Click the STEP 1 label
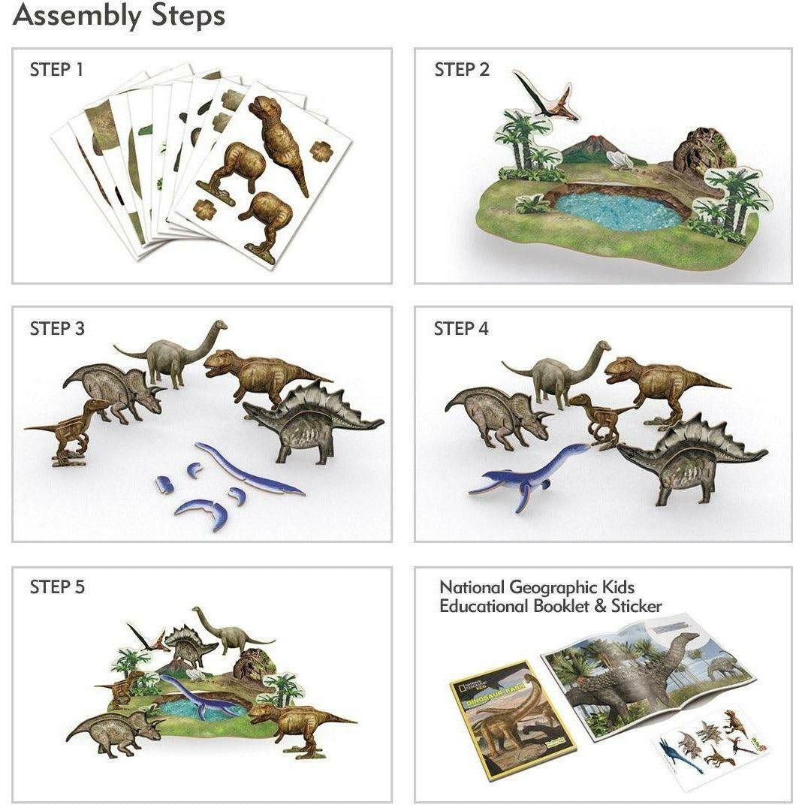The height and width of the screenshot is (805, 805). coord(56,70)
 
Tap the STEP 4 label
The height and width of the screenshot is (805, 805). coord(460,328)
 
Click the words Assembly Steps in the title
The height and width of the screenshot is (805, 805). coord(119,15)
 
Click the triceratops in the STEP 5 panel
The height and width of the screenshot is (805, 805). coord(116,732)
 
